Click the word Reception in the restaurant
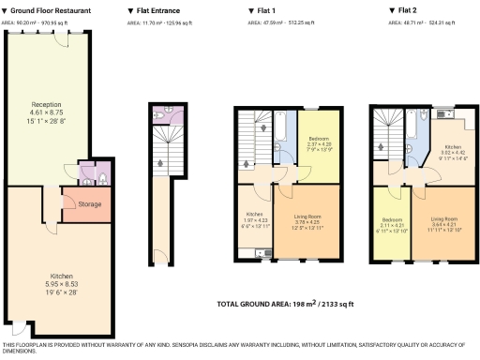pos(46,104)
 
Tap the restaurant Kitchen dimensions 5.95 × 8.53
pos(62,284)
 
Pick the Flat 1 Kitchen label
pos(252,214)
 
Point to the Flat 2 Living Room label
pos(444,217)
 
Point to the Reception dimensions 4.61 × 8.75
pos(46,112)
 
